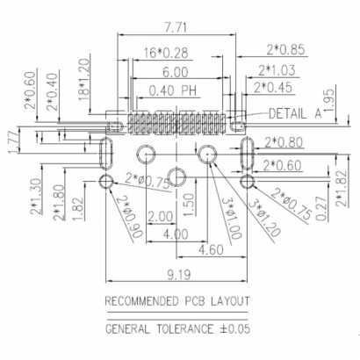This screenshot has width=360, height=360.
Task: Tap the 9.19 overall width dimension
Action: coord(176,275)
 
